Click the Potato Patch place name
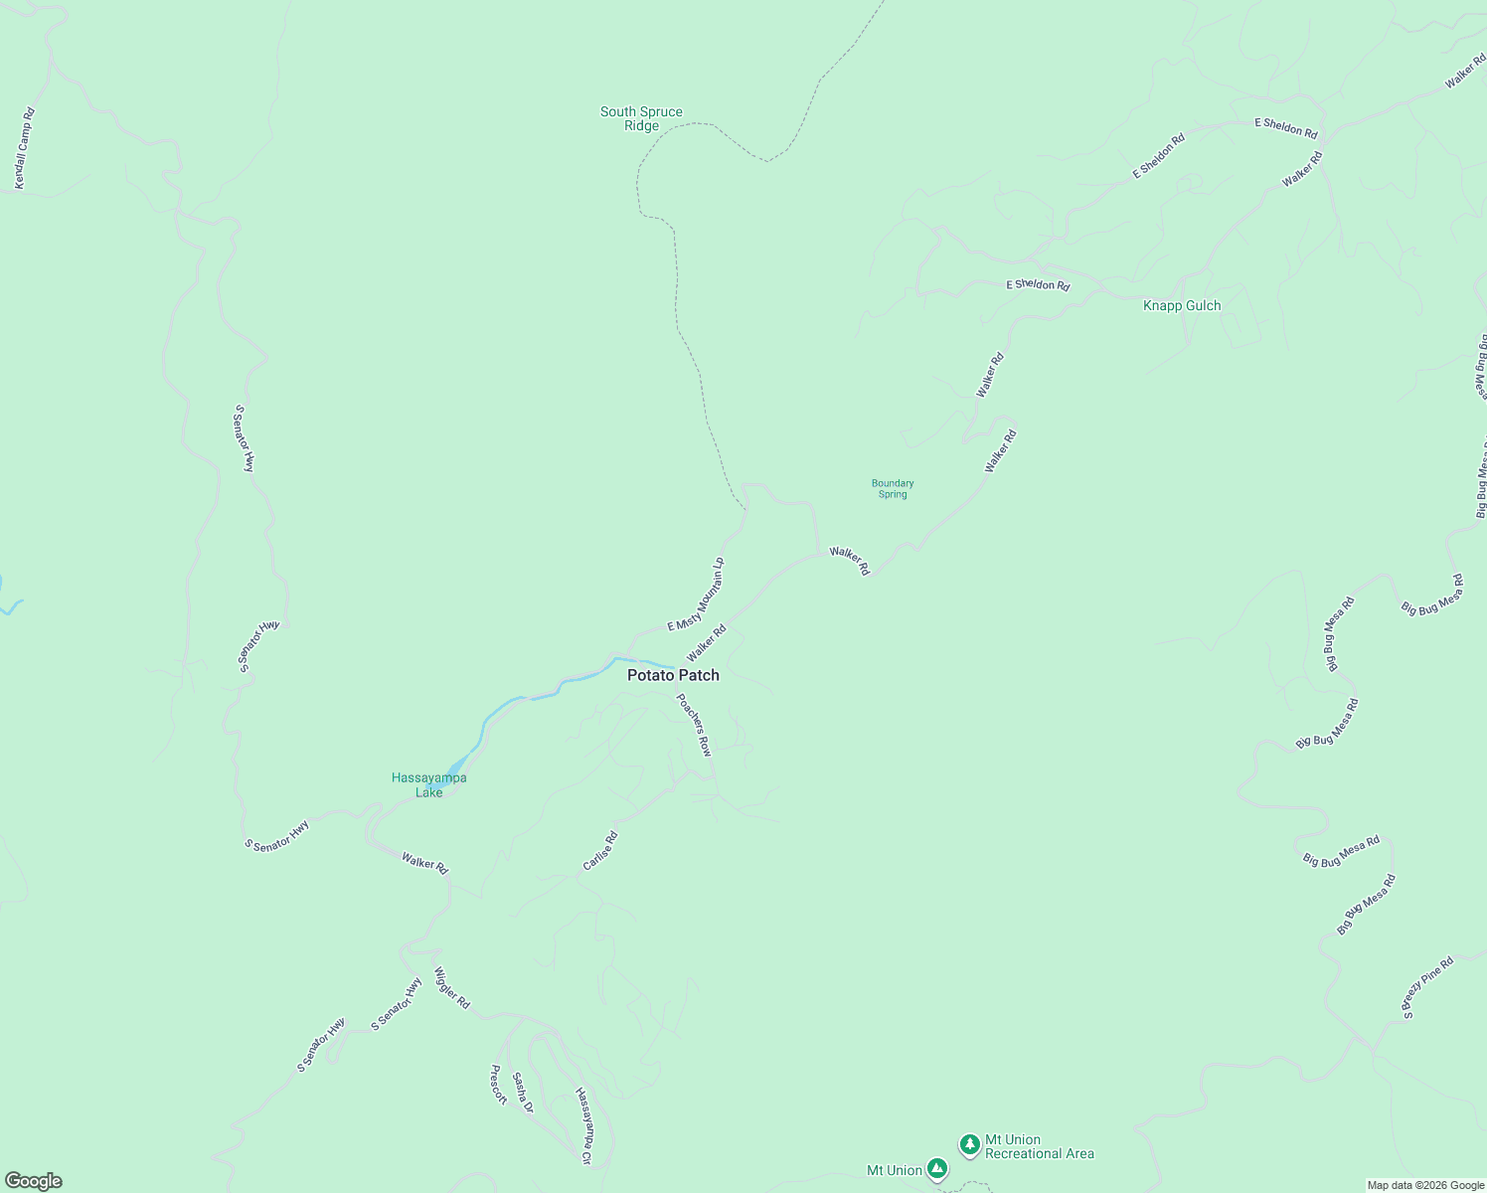pyautogui.click(x=673, y=675)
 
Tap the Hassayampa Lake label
pyautogui.click(x=428, y=785)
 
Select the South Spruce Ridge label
pyautogui.click(x=641, y=119)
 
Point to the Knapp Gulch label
pyautogui.click(x=1182, y=305)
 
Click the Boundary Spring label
pyautogui.click(x=893, y=489)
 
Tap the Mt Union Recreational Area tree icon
pyautogui.click(x=969, y=1144)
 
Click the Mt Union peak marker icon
pyautogui.click(x=936, y=1168)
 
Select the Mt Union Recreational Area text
pyautogui.click(x=1039, y=1147)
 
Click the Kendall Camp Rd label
pyautogui.click(x=24, y=149)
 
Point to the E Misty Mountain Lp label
pyautogui.click(x=696, y=595)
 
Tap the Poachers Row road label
pyautogui.click(x=694, y=725)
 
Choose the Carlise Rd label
pyautogui.click(x=600, y=851)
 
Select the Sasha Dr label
pyautogui.click(x=523, y=1093)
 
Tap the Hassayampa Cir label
pyautogui.click(x=584, y=1125)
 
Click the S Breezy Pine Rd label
pyautogui.click(x=1427, y=987)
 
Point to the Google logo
pyautogui.click(x=34, y=1181)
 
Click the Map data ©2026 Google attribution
pyautogui.click(x=1425, y=1185)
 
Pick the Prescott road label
pyautogui.click(x=498, y=1085)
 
